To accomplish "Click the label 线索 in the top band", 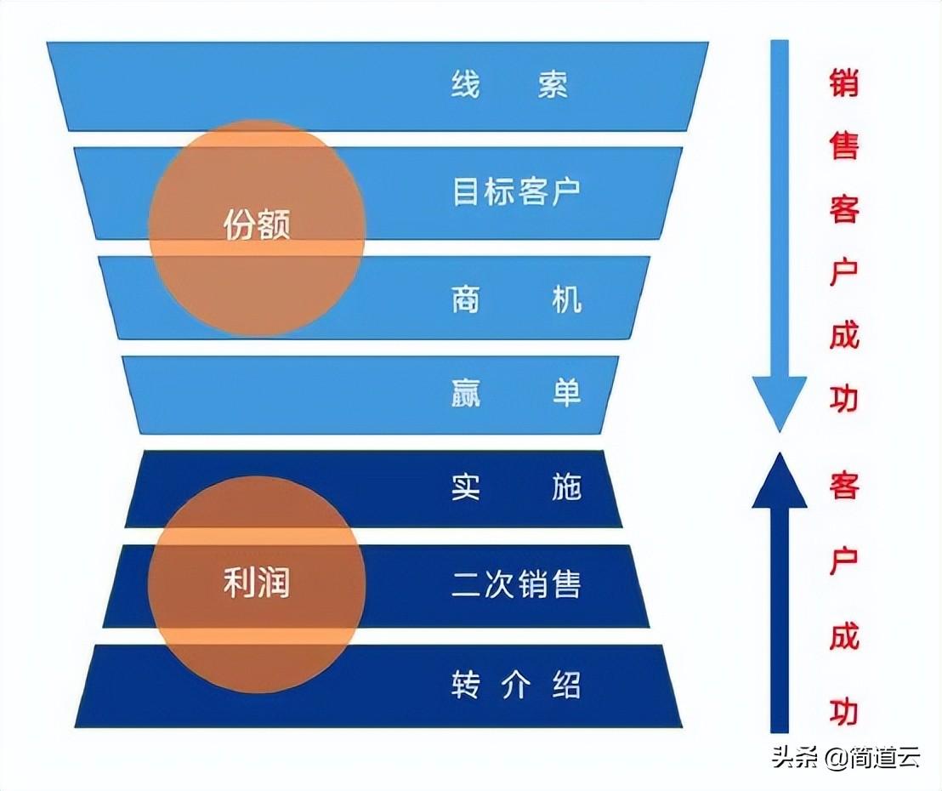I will point(509,85).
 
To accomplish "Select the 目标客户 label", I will point(515,191).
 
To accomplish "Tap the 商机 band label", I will point(516,299).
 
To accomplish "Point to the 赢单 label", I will point(516,393).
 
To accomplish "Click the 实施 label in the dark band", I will point(516,488).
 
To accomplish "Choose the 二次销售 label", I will point(516,585).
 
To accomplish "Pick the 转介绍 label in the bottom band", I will point(516,686).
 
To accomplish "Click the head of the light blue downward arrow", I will point(779,408).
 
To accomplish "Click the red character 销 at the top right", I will point(844,83).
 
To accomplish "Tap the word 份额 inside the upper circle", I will point(257,226).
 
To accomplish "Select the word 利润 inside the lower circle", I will point(257,583).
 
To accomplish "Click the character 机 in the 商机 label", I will point(565,299).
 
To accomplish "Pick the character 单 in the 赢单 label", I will point(565,393).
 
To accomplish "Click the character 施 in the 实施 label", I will point(565,488).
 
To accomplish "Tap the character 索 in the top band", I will point(553,85).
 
